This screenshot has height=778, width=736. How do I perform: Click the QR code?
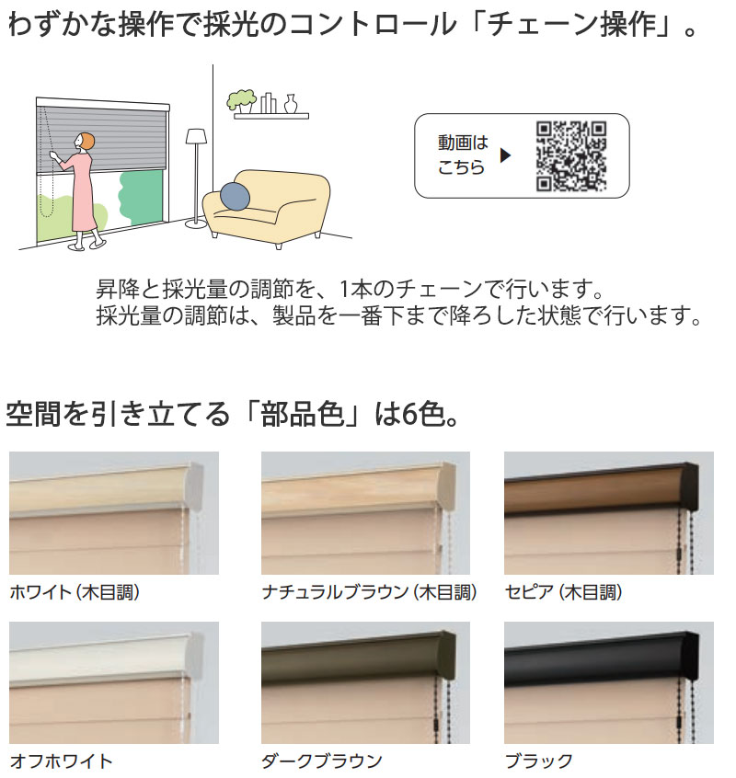[570, 155]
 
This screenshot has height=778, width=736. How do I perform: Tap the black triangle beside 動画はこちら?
[504, 155]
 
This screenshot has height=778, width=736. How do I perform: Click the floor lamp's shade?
[196, 136]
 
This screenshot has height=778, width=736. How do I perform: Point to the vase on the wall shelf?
[291, 103]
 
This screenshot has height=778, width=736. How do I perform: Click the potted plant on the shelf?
[242, 100]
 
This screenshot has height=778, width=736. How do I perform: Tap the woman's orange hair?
[85, 143]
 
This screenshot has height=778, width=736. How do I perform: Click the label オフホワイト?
[62, 761]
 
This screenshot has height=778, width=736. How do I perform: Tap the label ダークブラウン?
[322, 761]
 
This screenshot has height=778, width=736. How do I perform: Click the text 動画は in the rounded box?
[463, 143]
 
